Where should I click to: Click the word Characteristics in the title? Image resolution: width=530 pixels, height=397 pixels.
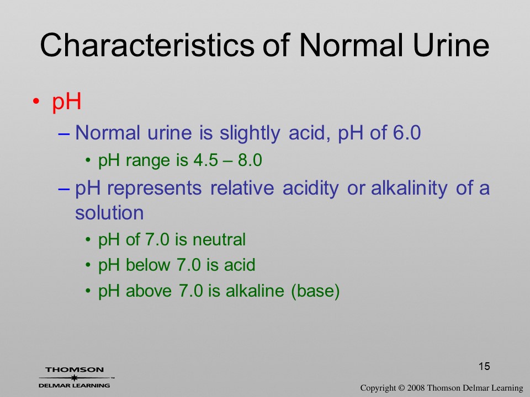coord(147,45)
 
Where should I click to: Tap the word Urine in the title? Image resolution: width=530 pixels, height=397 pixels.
coord(451,45)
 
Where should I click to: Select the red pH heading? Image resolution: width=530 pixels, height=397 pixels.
coord(67,101)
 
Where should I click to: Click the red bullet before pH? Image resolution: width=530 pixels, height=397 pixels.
coord(36,101)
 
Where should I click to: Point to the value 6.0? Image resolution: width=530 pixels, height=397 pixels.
coord(407,132)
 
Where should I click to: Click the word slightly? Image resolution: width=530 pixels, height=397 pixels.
coord(250,133)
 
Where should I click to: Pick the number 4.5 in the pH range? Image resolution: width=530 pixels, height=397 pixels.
coord(206,160)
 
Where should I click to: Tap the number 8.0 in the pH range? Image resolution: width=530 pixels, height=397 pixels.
coord(250,160)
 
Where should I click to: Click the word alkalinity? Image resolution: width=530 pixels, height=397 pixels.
coord(409,188)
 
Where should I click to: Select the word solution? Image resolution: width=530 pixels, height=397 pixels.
coord(109,213)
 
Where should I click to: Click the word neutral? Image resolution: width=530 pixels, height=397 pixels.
coord(219,240)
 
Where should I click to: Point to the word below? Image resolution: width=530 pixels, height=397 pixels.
coord(148,265)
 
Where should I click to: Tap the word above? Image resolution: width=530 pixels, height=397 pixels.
coord(149,291)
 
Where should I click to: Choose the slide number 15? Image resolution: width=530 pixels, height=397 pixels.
coord(484,366)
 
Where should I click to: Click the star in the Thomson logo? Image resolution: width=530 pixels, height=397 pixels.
coord(74,378)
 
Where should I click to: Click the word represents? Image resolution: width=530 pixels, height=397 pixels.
coord(155,189)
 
